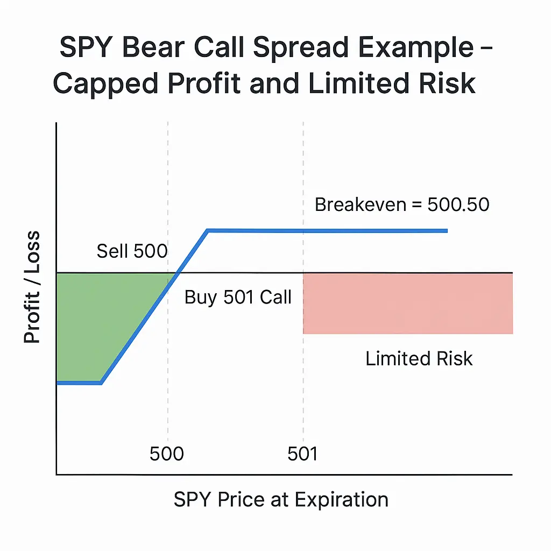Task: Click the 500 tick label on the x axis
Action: pyautogui.click(x=167, y=454)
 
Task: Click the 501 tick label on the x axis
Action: pyautogui.click(x=302, y=454)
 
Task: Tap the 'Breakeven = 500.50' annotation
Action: pyautogui.click(x=402, y=205)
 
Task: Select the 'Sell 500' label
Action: pyautogui.click(x=132, y=251)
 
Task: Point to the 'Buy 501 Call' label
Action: pyautogui.click(x=238, y=297)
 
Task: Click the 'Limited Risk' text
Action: pyautogui.click(x=419, y=358)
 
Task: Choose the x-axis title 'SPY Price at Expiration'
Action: pyautogui.click(x=281, y=499)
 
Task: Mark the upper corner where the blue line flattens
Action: pyautogui.click(x=208, y=231)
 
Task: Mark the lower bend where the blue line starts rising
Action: pyautogui.click(x=101, y=383)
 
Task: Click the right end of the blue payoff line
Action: pyautogui.click(x=446, y=231)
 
